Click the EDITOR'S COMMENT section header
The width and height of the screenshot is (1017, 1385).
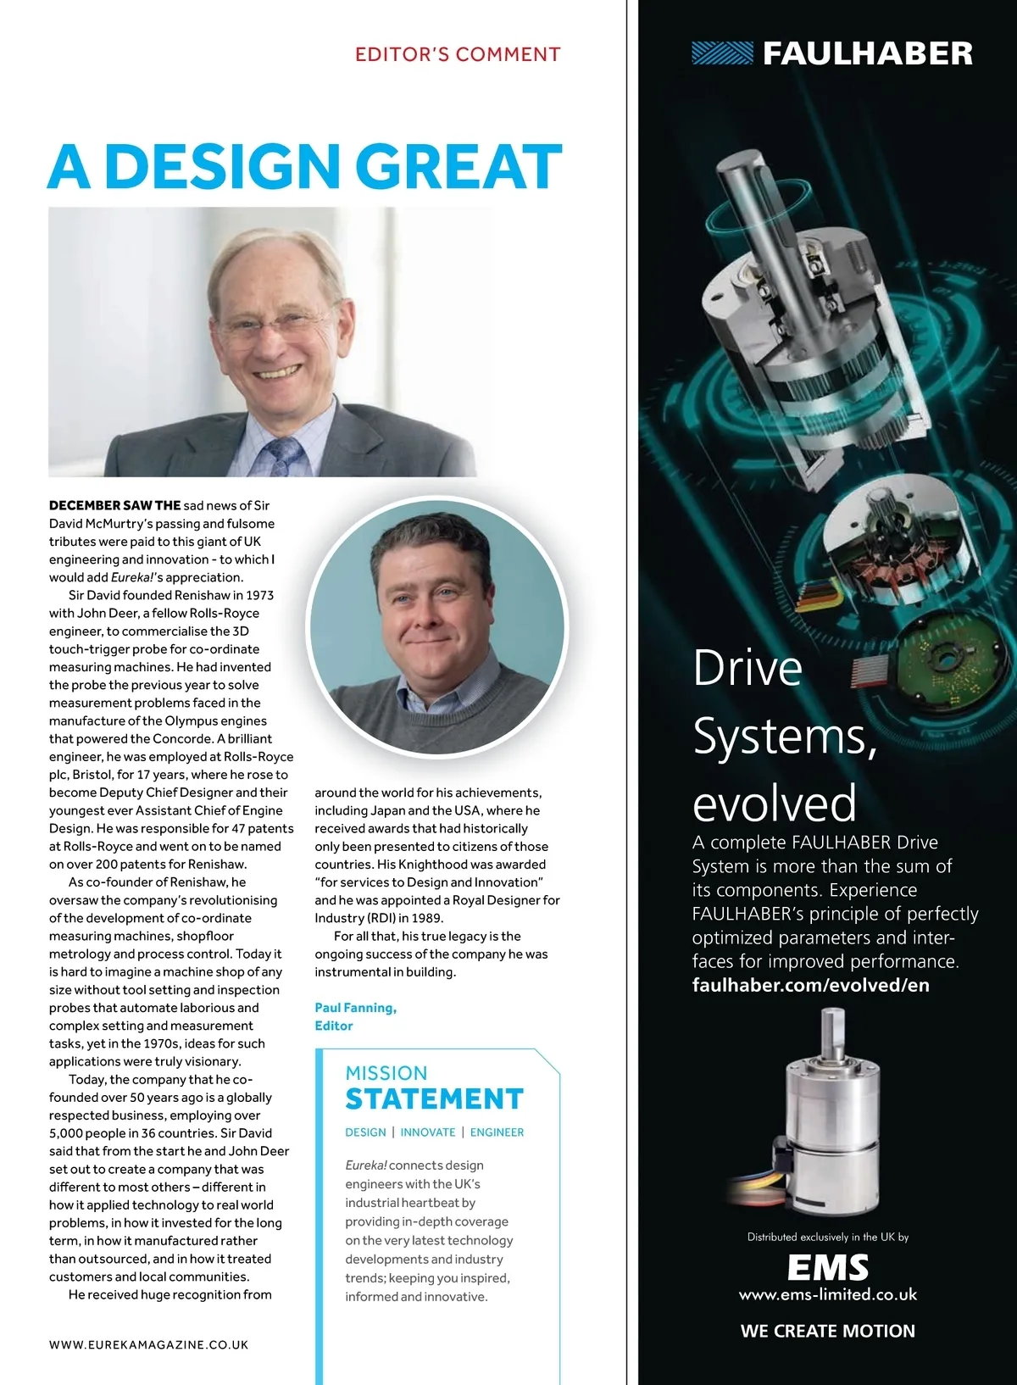tap(458, 55)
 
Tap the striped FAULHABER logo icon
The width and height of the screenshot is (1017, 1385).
tap(722, 53)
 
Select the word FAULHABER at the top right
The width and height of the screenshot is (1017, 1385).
tap(868, 54)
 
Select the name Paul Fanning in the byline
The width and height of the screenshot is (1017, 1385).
tap(354, 1008)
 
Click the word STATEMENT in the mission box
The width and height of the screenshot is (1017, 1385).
tap(434, 1099)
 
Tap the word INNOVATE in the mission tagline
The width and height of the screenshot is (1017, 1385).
tap(428, 1132)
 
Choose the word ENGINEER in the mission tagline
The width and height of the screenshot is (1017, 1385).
tap(497, 1132)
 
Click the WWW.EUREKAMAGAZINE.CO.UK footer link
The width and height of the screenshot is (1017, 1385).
tap(148, 1344)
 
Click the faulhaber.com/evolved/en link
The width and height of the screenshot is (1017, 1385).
tap(810, 985)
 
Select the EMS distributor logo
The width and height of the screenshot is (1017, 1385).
tap(828, 1268)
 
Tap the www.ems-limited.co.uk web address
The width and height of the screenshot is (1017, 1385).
tap(828, 1294)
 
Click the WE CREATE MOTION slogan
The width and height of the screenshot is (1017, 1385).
tap(828, 1331)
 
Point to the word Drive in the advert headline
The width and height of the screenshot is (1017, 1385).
tap(747, 669)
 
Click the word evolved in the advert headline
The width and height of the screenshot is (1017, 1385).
tap(774, 804)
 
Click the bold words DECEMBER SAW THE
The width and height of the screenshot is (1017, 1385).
tap(114, 505)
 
